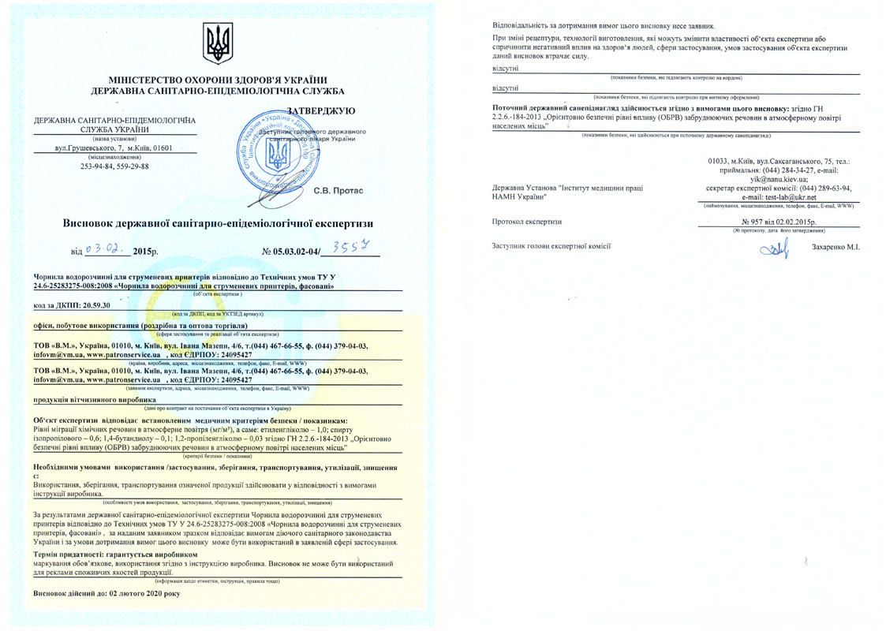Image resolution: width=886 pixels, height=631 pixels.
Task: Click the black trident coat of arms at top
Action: click(x=218, y=44)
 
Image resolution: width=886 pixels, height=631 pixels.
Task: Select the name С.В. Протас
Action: click(x=338, y=191)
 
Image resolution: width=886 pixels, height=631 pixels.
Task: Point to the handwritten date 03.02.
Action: click(x=107, y=249)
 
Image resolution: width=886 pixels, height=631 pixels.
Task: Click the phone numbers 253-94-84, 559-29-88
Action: click(x=115, y=166)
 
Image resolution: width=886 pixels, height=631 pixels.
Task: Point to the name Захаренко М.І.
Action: click(x=834, y=248)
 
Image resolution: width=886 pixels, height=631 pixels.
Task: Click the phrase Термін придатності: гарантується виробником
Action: click(x=103, y=555)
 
